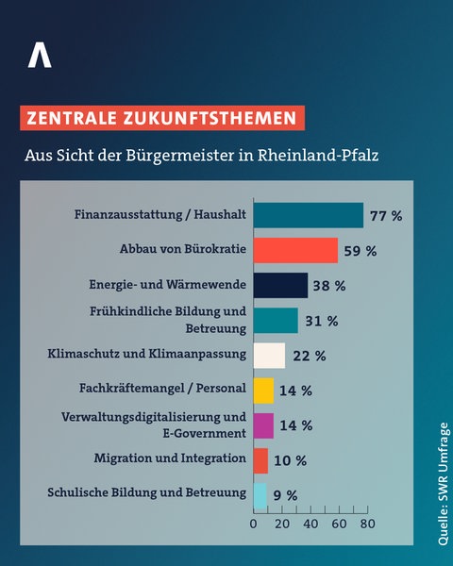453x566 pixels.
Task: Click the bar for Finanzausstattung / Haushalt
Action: pyautogui.click(x=308, y=215)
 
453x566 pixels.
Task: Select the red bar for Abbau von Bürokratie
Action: pyautogui.click(x=295, y=250)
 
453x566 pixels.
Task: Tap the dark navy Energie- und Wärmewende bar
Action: pyautogui.click(x=280, y=285)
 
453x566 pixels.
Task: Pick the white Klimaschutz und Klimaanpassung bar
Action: pyautogui.click(x=269, y=355)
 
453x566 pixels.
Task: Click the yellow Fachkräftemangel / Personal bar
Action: pyautogui.click(x=263, y=390)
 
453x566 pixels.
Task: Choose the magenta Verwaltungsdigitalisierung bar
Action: pyautogui.click(x=263, y=424)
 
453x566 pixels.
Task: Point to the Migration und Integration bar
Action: pyautogui.click(x=260, y=459)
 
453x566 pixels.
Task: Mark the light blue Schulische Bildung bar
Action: pyautogui.click(x=260, y=494)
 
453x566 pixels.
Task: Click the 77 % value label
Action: pyautogui.click(x=385, y=216)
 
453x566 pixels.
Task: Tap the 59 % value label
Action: pyautogui.click(x=360, y=251)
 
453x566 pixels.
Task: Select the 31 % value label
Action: pyautogui.click(x=321, y=321)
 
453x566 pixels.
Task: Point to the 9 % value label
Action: pyautogui.click(x=286, y=495)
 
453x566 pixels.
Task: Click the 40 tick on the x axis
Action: pyautogui.click(x=310, y=523)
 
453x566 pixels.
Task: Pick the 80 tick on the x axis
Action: pyautogui.click(x=367, y=523)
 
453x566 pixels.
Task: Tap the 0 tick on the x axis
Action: pyautogui.click(x=254, y=523)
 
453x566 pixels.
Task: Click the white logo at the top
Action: pyautogui.click(x=40, y=56)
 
